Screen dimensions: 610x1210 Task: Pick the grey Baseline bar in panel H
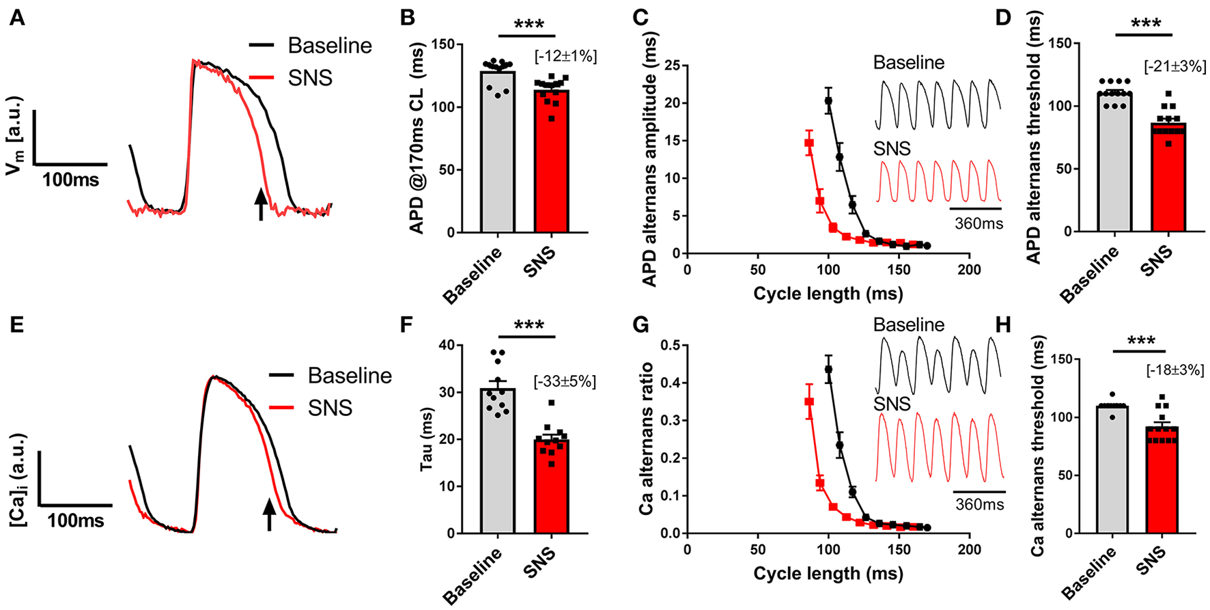pyautogui.click(x=1112, y=478)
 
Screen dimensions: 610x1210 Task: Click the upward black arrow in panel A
pyautogui.click(x=260, y=204)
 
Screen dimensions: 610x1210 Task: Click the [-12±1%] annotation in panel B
pyautogui.click(x=565, y=56)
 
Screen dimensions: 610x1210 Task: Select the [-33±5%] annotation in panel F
pyautogui.click(x=565, y=381)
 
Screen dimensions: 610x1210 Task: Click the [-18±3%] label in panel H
pyautogui.click(x=1174, y=370)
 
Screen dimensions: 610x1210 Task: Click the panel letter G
pyautogui.click(x=641, y=324)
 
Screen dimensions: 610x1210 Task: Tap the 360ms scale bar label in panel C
pyautogui.click(x=979, y=223)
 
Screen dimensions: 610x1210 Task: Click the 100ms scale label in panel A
pyautogui.click(x=70, y=180)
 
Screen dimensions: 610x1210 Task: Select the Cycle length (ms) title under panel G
pyautogui.click(x=828, y=573)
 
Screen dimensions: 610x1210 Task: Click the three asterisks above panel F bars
pyautogui.click(x=528, y=326)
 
